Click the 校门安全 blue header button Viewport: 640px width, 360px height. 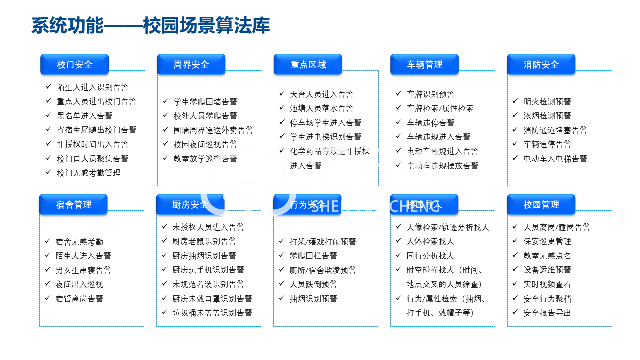(74, 65)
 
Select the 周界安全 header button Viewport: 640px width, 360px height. (191, 65)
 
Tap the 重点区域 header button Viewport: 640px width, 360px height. (308, 65)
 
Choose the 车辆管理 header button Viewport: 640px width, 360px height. (424, 65)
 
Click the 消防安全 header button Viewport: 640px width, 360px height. (541, 65)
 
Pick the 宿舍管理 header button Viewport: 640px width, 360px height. (73, 205)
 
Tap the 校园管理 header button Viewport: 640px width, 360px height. (541, 205)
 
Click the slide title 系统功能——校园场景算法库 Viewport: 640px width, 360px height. (150, 26)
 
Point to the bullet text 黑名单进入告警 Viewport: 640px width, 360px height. (85, 116)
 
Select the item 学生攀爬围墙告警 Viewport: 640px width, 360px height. (205, 102)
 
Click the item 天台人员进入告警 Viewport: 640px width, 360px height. (322, 94)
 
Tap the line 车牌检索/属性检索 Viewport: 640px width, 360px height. (440, 108)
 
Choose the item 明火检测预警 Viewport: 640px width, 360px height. (547, 102)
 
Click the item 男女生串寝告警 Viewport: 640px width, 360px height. (83, 270)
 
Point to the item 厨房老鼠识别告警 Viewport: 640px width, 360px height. (204, 241)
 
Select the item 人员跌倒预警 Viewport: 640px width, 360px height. (313, 284)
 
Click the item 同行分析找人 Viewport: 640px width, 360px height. (430, 256)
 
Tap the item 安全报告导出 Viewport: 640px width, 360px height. (547, 313)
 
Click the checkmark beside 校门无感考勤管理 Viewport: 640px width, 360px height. (48, 172)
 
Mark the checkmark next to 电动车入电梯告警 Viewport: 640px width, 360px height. (515, 158)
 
